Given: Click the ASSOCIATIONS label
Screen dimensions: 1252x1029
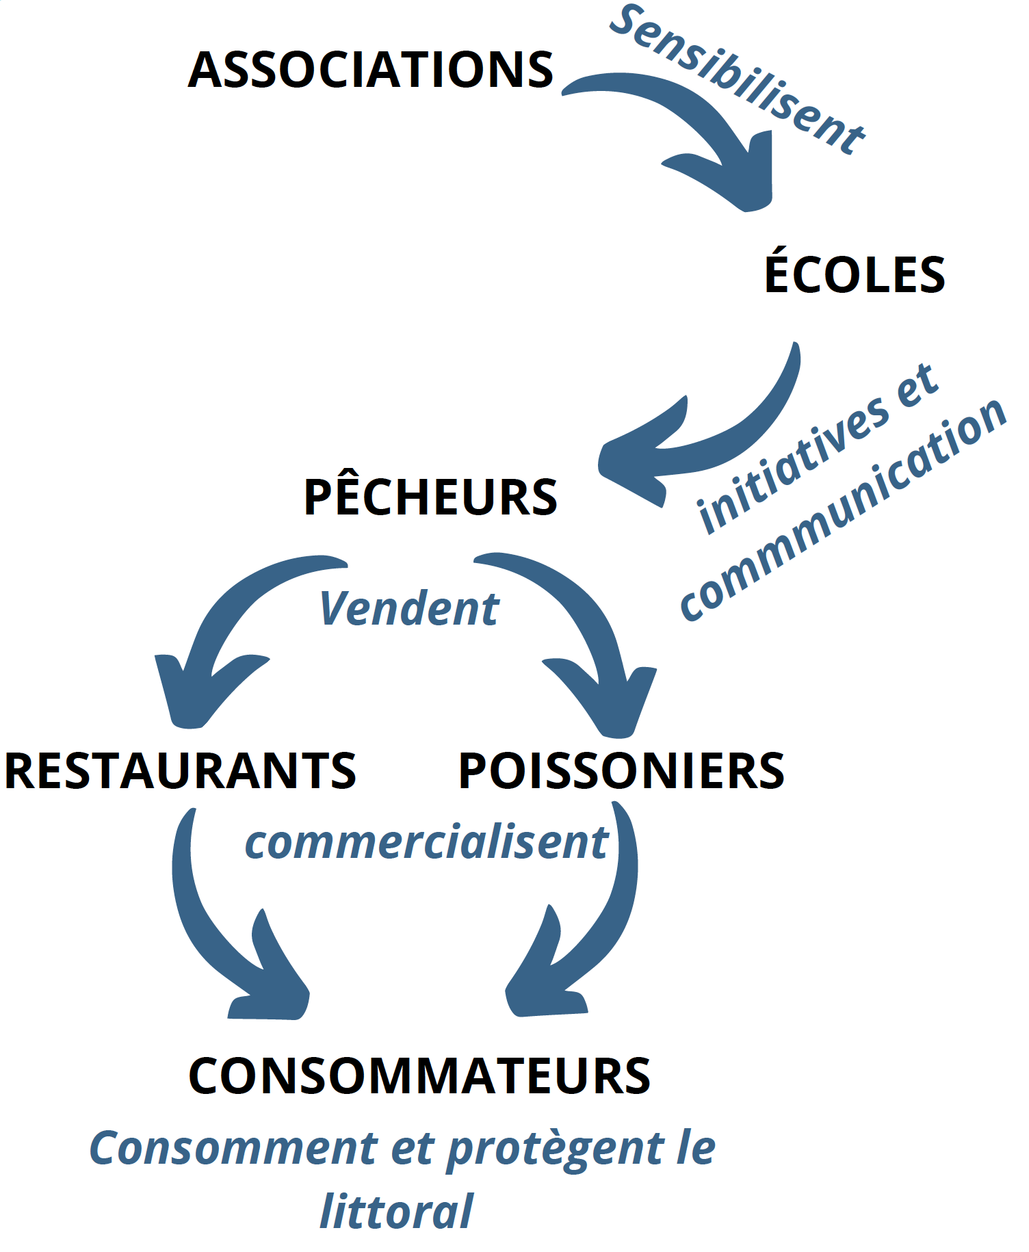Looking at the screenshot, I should click(370, 70).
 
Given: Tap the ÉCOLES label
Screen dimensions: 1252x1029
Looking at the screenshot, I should click(854, 274).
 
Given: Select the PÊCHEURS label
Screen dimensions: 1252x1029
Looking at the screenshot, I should click(430, 497).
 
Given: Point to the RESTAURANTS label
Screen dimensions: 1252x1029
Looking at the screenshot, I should click(180, 771).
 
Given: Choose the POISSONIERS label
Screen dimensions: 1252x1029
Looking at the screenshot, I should click(621, 771).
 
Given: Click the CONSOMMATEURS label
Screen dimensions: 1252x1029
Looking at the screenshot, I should click(419, 1075).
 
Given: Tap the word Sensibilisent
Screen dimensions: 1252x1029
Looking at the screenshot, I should click(738, 79).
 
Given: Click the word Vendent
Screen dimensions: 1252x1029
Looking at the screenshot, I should click(409, 608).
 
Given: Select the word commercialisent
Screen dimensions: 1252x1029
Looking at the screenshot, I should click(426, 842).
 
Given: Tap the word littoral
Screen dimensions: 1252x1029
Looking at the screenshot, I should click(396, 1212).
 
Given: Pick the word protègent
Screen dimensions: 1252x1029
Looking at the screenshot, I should click(555, 1149).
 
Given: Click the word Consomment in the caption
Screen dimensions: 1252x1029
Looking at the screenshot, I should click(233, 1148).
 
